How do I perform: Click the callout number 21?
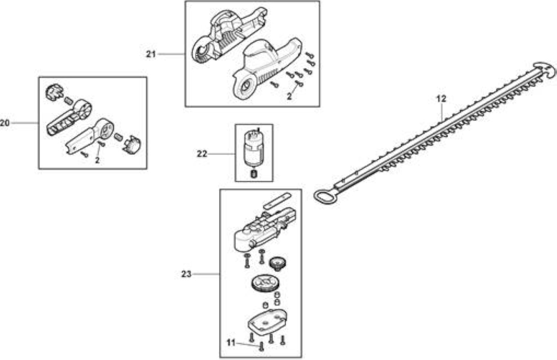click(x=151, y=54)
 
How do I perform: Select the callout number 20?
click(x=5, y=123)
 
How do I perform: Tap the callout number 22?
click(x=202, y=154)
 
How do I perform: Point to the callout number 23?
click(x=186, y=274)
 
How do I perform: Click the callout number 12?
click(x=441, y=99)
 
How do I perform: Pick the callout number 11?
click(x=231, y=343)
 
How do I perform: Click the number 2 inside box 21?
click(x=289, y=97)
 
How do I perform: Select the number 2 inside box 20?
click(x=97, y=161)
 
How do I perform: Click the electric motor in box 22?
click(x=253, y=148)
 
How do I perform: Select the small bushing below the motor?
click(x=254, y=174)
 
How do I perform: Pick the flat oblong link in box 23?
click(x=277, y=201)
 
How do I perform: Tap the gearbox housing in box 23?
click(x=265, y=229)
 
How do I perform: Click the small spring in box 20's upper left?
click(x=68, y=100)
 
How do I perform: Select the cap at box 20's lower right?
click(x=132, y=145)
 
